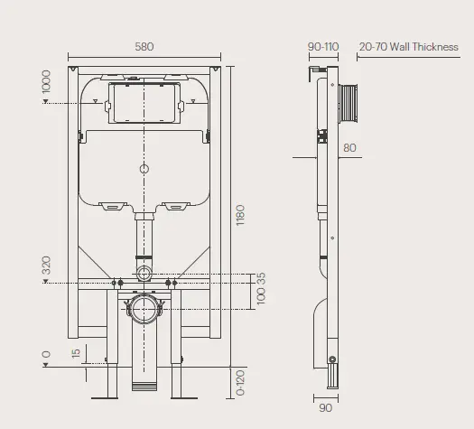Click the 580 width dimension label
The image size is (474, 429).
144,46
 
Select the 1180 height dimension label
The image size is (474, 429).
240,216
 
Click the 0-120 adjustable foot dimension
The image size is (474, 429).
240,382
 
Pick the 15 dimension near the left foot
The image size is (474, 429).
76,352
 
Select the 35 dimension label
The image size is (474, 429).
260,278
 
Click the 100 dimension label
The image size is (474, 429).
260,299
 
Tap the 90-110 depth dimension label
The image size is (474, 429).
322,46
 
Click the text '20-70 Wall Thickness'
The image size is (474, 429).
409,46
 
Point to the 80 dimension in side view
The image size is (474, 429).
349,148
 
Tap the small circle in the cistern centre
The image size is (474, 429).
144,168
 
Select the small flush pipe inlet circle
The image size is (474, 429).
144,274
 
